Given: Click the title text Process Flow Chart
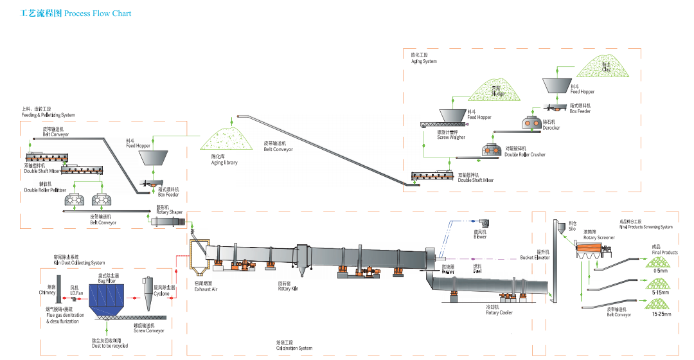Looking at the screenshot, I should (x=97, y=13).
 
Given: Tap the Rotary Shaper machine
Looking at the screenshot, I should (x=168, y=222).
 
